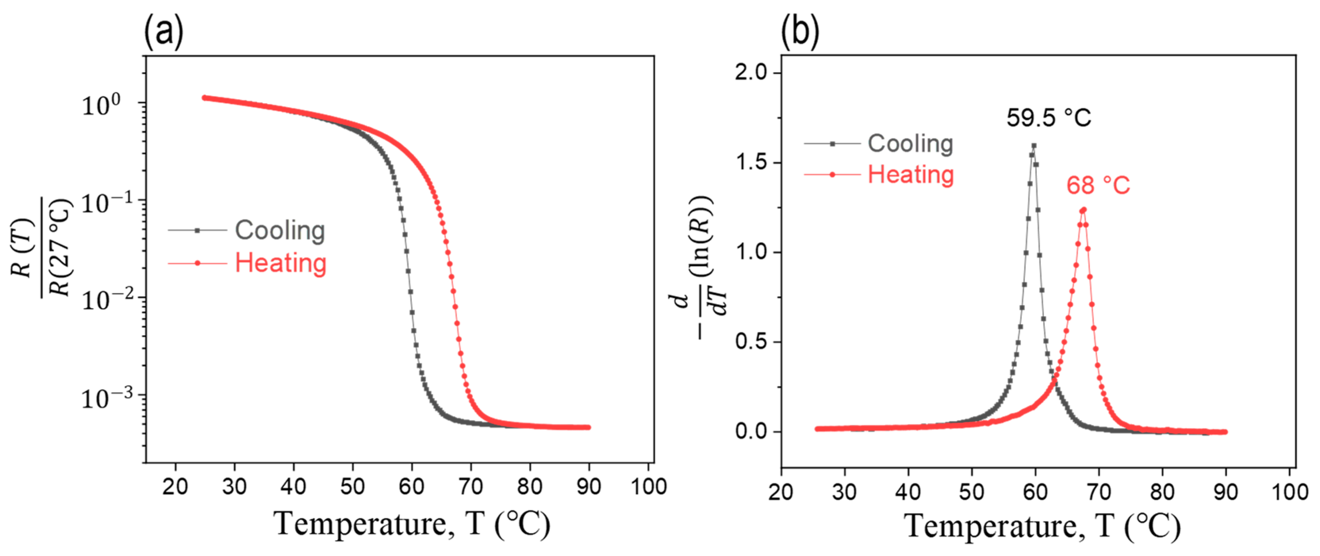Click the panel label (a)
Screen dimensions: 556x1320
pos(163,32)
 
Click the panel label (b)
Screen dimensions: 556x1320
pos(799,32)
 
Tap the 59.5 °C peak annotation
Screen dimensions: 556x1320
pos(1048,118)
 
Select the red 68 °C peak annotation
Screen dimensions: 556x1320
pos(1098,185)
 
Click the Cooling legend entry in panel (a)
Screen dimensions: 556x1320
pos(279,230)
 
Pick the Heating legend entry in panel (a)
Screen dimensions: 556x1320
pos(280,263)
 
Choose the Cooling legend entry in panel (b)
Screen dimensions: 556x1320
pos(910,144)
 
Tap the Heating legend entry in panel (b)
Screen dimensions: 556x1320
pos(910,175)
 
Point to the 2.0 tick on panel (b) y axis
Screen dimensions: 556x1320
pos(751,72)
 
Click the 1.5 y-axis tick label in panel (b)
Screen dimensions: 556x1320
pos(751,163)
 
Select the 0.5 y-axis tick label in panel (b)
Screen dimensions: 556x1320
pos(751,342)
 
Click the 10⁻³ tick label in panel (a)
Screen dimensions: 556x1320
pos(107,398)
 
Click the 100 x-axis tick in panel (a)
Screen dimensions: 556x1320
pos(648,486)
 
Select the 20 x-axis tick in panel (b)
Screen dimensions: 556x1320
pos(781,491)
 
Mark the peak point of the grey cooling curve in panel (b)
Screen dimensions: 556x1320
pos(1034,146)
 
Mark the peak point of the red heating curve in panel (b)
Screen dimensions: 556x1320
pos(1083,209)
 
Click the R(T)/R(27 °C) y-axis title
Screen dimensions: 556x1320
pos(41,249)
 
